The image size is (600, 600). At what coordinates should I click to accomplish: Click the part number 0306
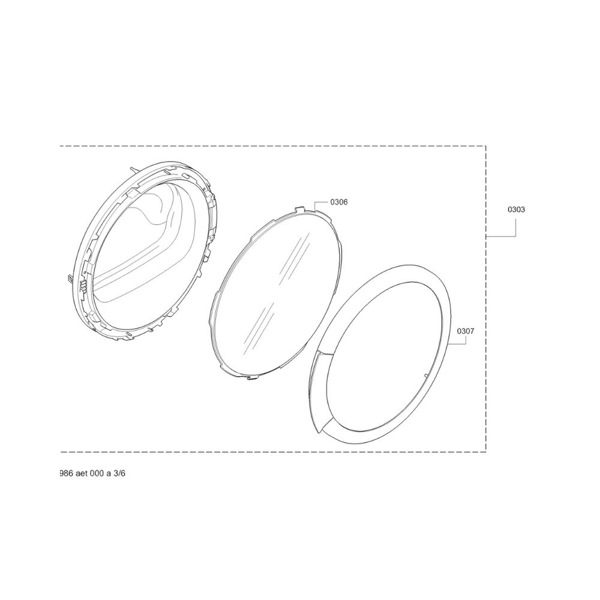(339, 202)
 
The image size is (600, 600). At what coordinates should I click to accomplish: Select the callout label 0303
(516, 209)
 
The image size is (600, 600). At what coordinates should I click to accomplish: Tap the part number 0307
(466, 331)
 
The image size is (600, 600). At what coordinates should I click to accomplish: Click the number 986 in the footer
(65, 473)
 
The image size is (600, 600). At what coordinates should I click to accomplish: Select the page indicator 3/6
(119, 473)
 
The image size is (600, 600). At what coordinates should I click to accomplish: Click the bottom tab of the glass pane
(252, 378)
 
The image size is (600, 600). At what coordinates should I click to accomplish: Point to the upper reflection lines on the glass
(292, 253)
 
